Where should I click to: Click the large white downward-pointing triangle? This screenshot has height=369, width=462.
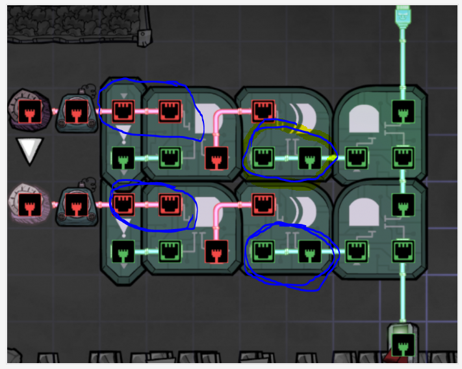click(x=29, y=150)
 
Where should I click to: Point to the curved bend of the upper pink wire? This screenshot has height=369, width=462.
click(x=219, y=115)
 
